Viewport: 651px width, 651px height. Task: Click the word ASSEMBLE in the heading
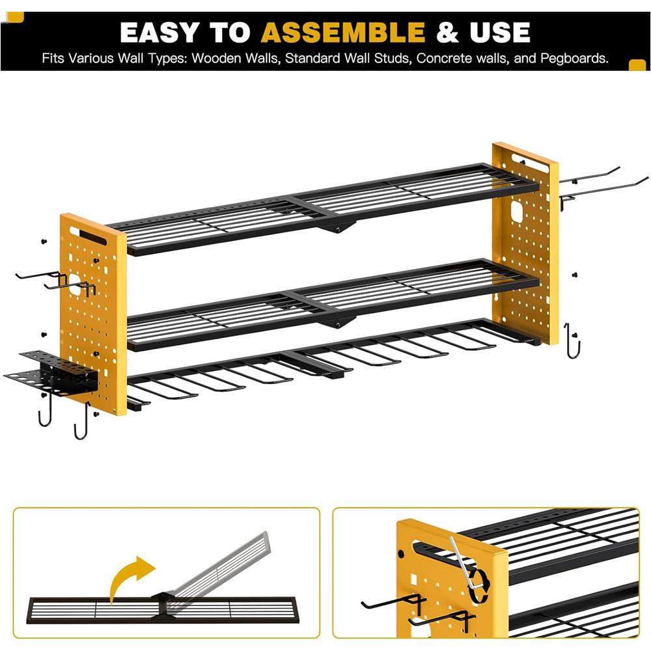click(343, 33)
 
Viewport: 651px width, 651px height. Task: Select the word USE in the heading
click(500, 33)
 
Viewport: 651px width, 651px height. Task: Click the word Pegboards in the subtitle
click(574, 58)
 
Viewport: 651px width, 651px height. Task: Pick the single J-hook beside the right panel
click(573, 341)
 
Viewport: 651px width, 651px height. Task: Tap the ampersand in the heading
click(448, 33)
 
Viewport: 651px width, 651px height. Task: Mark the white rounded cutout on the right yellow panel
click(516, 212)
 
